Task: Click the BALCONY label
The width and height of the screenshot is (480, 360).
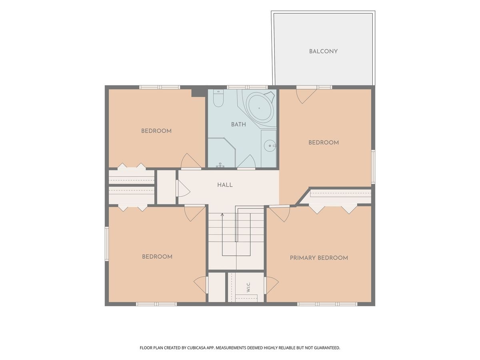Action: point(323,51)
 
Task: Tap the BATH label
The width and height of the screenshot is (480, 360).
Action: point(238,124)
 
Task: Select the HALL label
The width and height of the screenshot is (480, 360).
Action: point(225,185)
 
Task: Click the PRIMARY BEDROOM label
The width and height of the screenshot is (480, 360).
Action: point(319,258)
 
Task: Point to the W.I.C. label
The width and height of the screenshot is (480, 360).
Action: point(248,287)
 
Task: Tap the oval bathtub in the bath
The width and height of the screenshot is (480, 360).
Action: point(260,108)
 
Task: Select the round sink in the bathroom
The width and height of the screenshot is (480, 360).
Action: point(270,146)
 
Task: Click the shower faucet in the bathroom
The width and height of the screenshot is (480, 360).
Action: point(220,165)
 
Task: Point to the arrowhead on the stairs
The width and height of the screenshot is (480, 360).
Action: point(222,215)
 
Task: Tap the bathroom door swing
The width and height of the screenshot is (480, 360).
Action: point(246,162)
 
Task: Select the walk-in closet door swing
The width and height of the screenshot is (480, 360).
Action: point(272,285)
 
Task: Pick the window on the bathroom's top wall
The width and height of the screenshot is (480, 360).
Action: point(247,87)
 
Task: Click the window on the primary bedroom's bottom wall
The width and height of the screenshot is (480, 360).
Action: point(327,304)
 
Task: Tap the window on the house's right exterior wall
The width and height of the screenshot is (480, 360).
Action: point(373,166)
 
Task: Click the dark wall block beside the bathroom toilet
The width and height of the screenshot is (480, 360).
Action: point(198,93)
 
